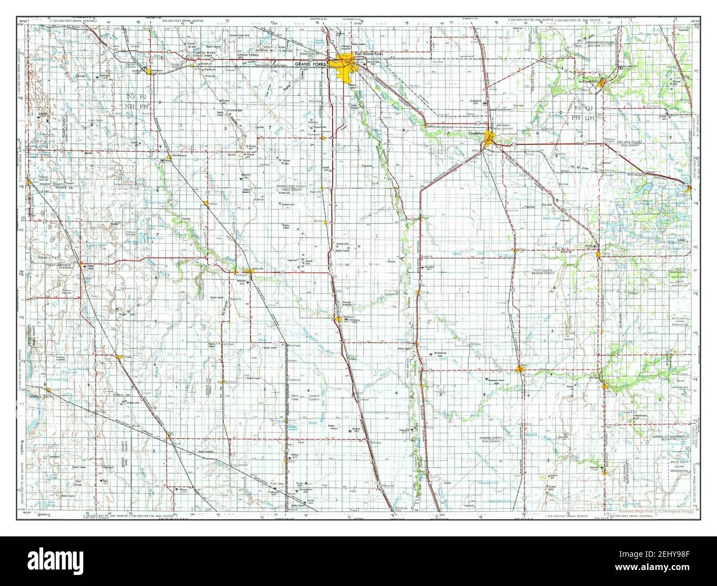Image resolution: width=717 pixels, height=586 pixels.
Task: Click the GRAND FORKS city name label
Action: (311, 64)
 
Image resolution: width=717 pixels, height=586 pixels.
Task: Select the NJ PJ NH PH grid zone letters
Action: (135, 100)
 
